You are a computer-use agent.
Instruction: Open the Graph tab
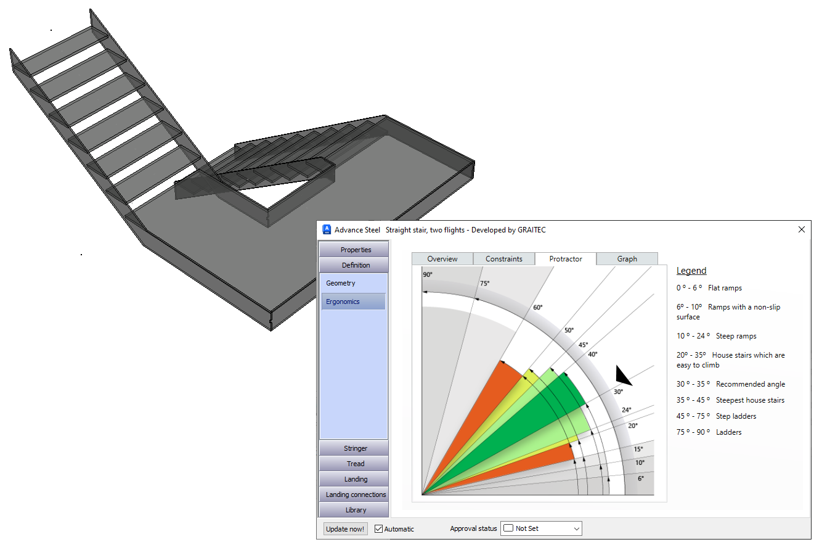(x=627, y=259)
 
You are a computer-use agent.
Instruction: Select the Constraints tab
(x=503, y=259)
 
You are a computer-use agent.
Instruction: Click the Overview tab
(x=442, y=259)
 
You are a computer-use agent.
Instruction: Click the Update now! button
(x=345, y=529)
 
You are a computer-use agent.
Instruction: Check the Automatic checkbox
(x=378, y=528)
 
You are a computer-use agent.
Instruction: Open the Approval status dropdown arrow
(x=576, y=528)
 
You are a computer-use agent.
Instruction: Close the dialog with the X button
(x=801, y=229)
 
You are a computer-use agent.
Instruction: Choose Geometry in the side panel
(x=341, y=283)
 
